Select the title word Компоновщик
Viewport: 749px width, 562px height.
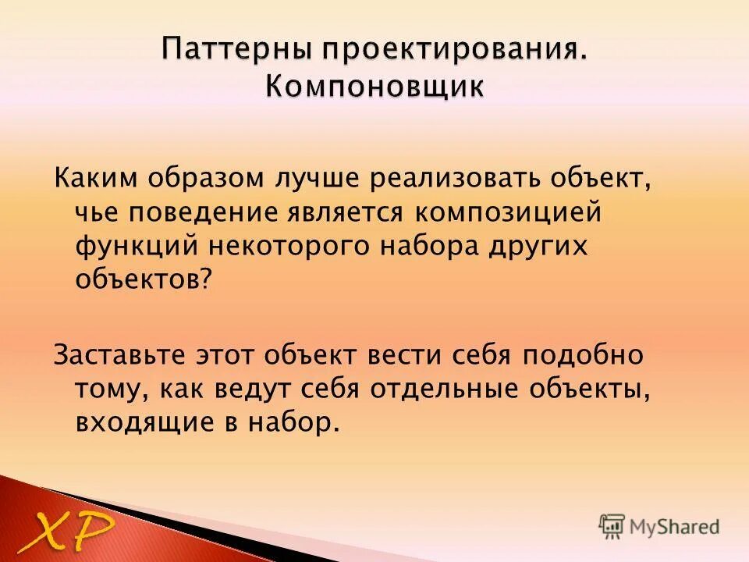374,85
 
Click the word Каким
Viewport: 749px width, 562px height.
93,178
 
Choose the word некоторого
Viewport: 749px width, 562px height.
288,246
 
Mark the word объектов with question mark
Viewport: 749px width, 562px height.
144,280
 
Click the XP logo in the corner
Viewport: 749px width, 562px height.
66,532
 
